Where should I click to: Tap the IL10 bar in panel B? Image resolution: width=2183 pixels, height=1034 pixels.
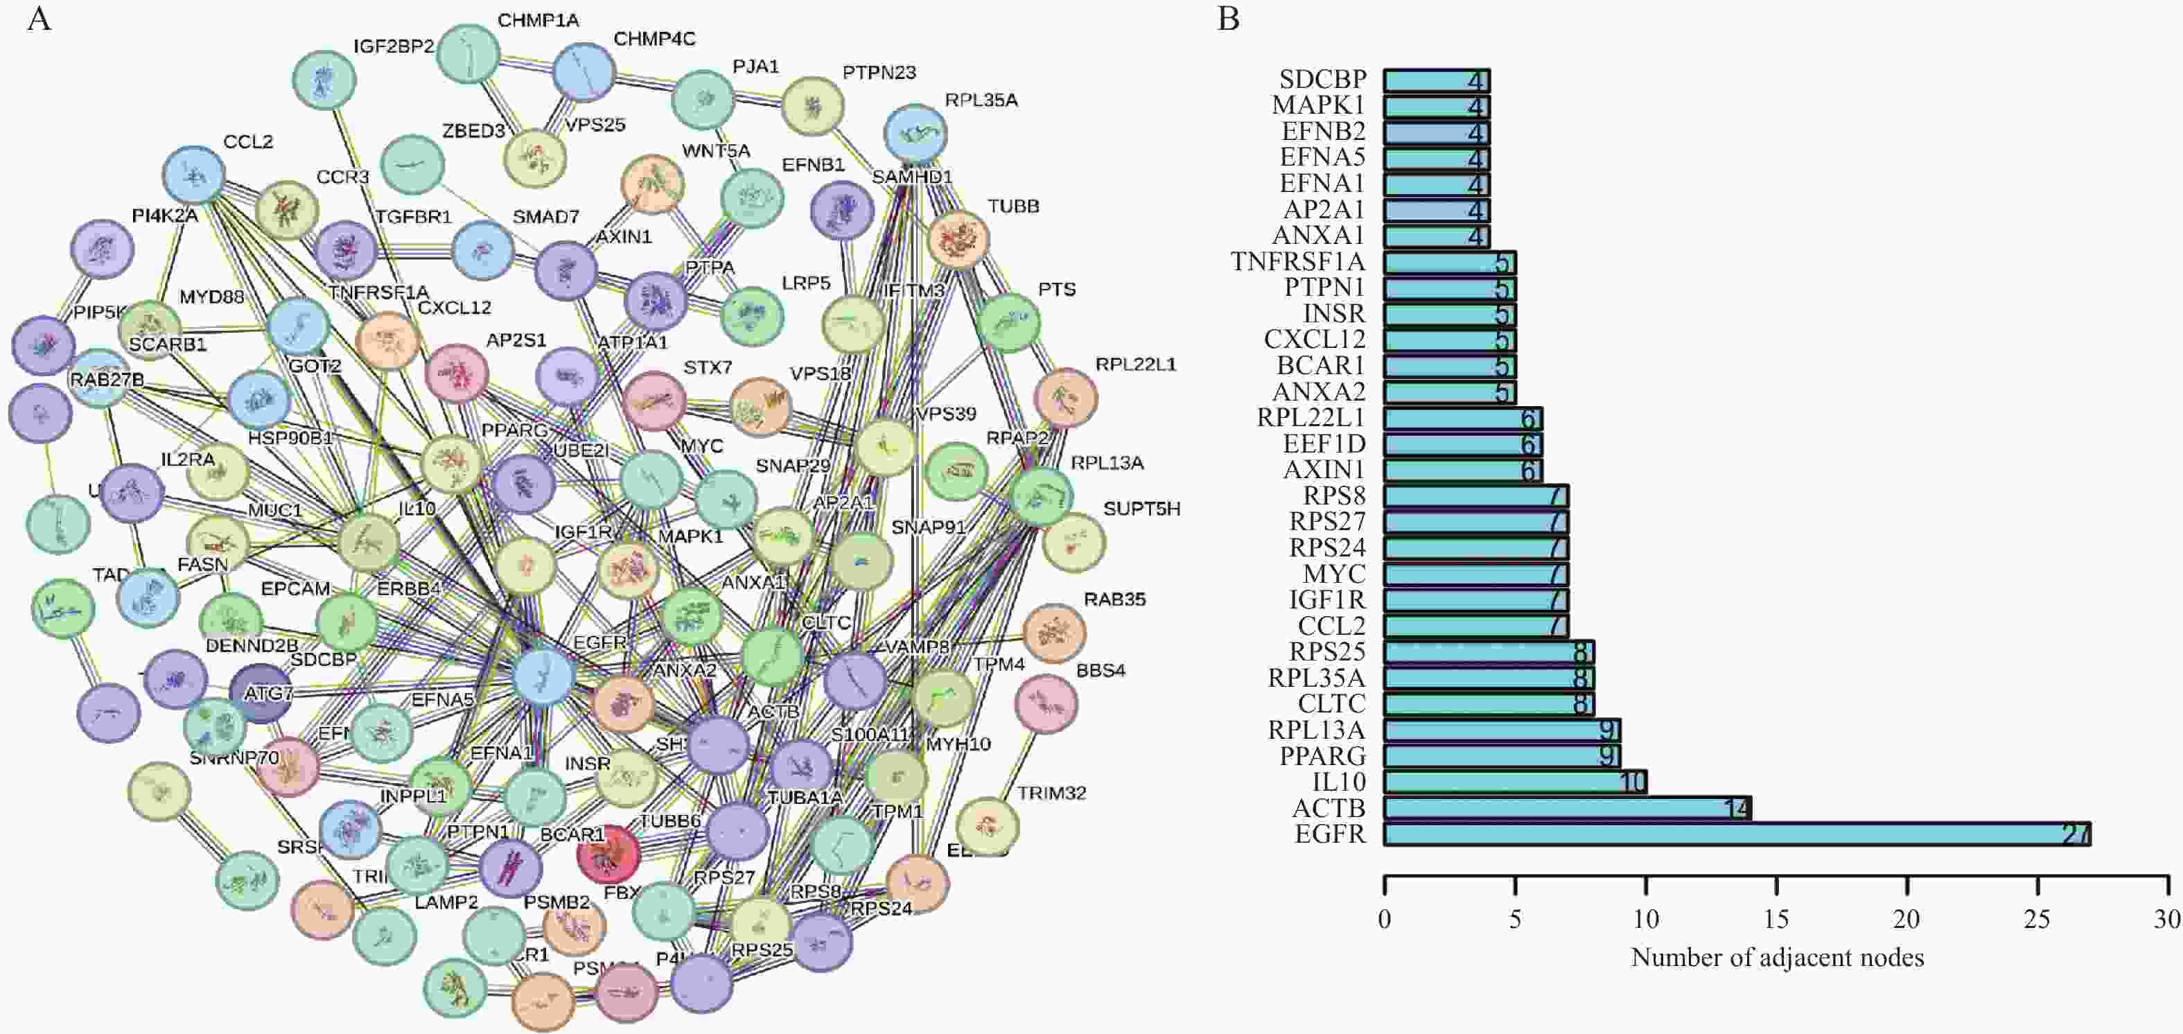(1514, 782)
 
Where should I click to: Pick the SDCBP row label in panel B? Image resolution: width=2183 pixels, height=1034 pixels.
(1323, 80)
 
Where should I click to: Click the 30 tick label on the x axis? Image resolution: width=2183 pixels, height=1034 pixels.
(2168, 920)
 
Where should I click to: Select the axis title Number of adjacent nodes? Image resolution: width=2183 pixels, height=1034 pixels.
(1777, 958)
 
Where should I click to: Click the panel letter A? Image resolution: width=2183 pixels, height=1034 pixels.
(39, 19)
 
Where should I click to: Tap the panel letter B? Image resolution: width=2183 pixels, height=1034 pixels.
(1229, 19)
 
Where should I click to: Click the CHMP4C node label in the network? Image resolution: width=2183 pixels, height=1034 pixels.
(654, 39)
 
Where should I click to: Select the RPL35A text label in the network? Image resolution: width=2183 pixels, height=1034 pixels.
(981, 100)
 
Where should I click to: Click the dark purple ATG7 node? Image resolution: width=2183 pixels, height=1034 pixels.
(262, 693)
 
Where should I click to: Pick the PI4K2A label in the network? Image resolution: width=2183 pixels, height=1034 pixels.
(165, 216)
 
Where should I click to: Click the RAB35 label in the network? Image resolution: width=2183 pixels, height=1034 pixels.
(1114, 599)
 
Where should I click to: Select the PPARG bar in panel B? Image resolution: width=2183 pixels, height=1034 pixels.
(1501, 755)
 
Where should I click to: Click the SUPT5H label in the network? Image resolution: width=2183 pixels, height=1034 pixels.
(1141, 509)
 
